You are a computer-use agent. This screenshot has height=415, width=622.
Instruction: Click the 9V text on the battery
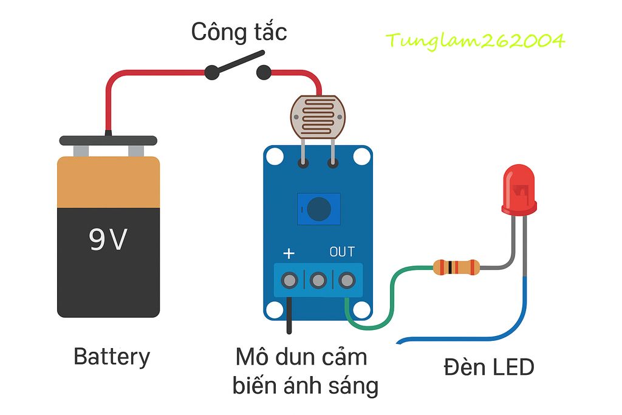[108, 240]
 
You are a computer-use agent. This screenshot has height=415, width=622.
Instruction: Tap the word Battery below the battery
[111, 357]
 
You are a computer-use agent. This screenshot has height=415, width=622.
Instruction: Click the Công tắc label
[239, 32]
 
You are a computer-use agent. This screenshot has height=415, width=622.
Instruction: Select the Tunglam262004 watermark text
[475, 41]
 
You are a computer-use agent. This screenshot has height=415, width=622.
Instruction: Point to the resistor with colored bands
[456, 267]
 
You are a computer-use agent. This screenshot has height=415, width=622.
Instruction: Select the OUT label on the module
[342, 252]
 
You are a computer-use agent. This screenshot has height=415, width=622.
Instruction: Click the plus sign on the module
[290, 253]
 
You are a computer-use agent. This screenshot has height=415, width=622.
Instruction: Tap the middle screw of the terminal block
[318, 280]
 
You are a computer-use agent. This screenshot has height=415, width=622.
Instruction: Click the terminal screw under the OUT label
[346, 280]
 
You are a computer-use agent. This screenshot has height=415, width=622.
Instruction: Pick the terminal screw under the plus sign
[290, 280]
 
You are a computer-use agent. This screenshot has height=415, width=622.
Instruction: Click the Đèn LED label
[488, 367]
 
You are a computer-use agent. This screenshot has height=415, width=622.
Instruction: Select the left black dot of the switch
[211, 73]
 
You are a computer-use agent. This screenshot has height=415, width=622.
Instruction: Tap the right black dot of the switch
[263, 73]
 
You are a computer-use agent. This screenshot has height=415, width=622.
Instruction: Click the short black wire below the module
[290, 316]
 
